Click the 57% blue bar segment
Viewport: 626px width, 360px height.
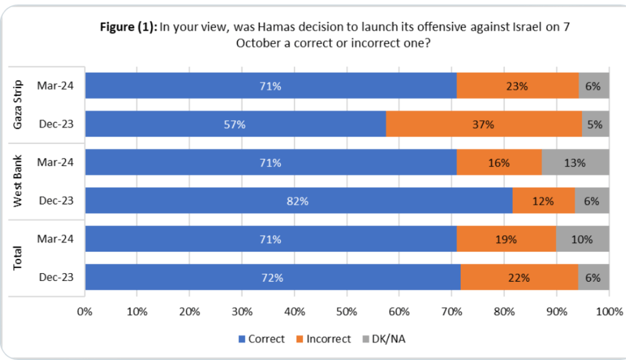[x=236, y=124]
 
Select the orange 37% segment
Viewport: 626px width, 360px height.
[x=484, y=124]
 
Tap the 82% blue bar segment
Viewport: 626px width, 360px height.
[x=299, y=201]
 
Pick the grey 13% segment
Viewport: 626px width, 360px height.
[x=575, y=163]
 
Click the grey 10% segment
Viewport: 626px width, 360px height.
[x=583, y=239]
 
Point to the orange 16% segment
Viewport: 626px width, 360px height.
[x=499, y=163]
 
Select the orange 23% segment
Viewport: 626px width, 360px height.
[x=518, y=86]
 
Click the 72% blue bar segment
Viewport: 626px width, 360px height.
[x=273, y=277]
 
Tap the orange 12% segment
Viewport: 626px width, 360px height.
[x=543, y=201]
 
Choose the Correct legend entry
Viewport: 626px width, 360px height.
[x=261, y=339]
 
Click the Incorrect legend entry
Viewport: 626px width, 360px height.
[x=327, y=339]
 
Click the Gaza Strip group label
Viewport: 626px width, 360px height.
[x=18, y=105]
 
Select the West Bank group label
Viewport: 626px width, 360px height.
[x=18, y=182]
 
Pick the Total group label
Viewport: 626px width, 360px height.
[x=18, y=258]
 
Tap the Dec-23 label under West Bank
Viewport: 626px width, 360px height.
[x=55, y=201]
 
